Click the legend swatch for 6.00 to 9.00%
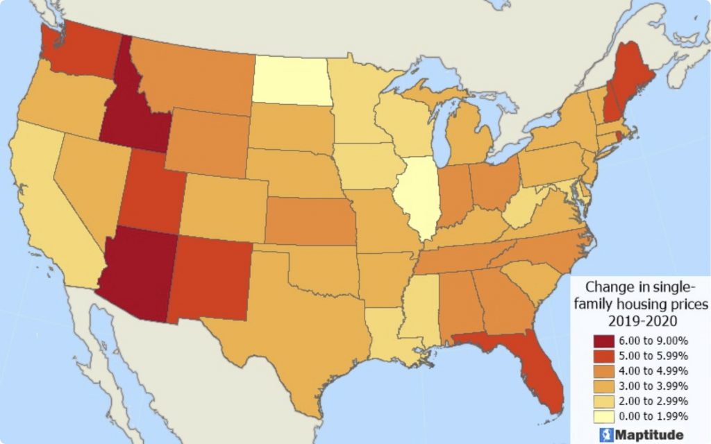[603, 341]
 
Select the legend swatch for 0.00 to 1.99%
[603, 416]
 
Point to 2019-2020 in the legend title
[638, 321]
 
